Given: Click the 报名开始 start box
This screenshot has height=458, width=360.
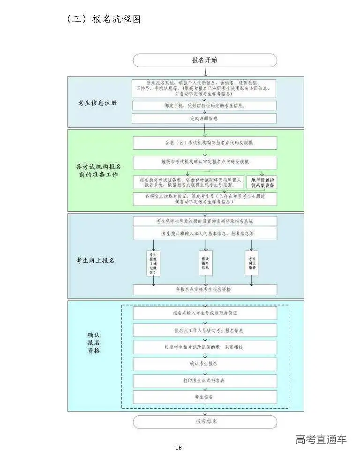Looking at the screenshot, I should [x=205, y=61].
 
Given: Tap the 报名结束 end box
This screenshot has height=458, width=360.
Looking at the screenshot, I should [x=205, y=421].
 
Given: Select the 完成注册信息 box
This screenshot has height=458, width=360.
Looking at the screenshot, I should [x=204, y=118].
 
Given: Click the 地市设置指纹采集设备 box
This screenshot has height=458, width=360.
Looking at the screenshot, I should [x=262, y=183].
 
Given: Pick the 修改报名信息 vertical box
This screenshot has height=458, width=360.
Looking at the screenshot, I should [x=204, y=263].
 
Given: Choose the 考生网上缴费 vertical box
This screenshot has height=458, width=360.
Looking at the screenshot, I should [x=252, y=263].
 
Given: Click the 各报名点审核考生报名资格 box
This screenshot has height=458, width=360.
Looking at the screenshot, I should [x=204, y=290].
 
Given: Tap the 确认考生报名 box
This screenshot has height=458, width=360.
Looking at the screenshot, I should [x=204, y=364].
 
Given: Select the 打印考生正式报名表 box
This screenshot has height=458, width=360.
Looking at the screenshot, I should [x=204, y=381].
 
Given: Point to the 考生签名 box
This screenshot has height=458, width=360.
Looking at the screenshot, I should [x=204, y=397].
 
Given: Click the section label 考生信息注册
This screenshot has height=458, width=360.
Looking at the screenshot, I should [x=97, y=103].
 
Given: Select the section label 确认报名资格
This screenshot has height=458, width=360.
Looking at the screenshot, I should [x=94, y=343].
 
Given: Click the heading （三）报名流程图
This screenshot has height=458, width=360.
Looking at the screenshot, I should [x=104, y=19].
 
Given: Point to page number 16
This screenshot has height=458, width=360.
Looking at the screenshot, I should [x=178, y=448].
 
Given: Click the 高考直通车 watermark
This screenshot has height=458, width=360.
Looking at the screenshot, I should [x=321, y=440].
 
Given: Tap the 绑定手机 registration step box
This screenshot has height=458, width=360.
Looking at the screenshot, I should [x=204, y=106].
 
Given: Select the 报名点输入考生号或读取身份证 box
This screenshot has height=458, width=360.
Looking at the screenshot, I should [x=204, y=313].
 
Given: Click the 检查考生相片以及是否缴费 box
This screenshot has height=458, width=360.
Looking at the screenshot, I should [x=204, y=347].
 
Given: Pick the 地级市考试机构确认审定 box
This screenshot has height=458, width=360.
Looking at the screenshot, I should [x=204, y=162].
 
